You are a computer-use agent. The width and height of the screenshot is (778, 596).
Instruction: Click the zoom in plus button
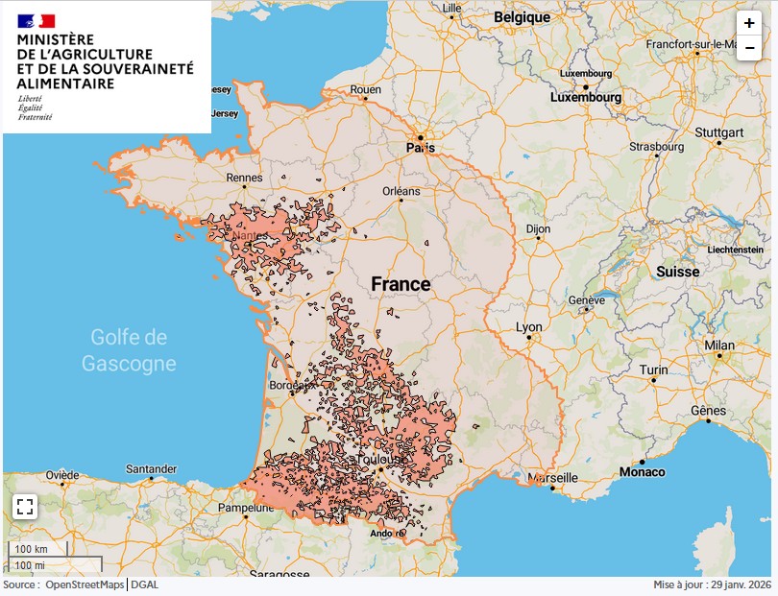[x=748, y=24]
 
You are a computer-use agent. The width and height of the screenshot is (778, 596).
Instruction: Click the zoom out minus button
[x=748, y=48]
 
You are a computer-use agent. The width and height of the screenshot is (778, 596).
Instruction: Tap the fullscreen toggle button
[x=25, y=507]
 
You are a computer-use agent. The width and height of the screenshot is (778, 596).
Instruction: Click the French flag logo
[x=36, y=20]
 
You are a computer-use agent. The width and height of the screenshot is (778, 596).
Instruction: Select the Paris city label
[x=421, y=148]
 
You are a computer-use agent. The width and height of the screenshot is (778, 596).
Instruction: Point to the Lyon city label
[x=528, y=327]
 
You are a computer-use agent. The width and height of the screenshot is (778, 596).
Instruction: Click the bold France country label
[x=401, y=285]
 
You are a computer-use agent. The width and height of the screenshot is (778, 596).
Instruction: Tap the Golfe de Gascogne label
[x=129, y=350]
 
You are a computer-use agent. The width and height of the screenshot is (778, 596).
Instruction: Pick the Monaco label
[x=642, y=471]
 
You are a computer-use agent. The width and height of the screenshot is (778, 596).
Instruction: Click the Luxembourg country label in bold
[x=586, y=97]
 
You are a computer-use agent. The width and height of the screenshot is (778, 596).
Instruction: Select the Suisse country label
[x=678, y=272]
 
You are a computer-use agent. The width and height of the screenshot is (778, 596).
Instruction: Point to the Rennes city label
[x=244, y=178]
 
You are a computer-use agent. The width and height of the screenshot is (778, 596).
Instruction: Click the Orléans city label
[x=401, y=191]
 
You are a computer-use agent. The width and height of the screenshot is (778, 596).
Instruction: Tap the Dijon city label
[x=538, y=229]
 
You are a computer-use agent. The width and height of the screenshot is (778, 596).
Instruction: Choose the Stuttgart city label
[x=719, y=131]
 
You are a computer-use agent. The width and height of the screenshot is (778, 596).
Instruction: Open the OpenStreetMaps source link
[x=85, y=584]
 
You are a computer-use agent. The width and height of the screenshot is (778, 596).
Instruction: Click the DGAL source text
[x=145, y=584]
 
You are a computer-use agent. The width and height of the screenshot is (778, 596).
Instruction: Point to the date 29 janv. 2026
[x=739, y=584]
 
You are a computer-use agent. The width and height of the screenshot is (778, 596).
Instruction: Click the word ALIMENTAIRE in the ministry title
[x=65, y=83]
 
